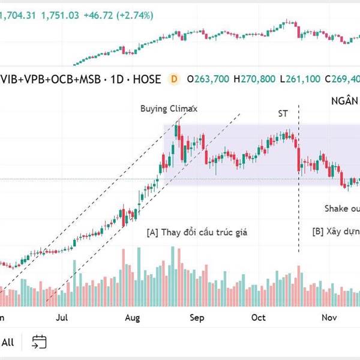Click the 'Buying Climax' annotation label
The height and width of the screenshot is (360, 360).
(x=169, y=109)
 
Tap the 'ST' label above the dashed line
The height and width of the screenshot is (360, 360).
(x=283, y=113)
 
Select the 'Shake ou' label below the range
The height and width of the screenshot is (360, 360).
(x=342, y=208)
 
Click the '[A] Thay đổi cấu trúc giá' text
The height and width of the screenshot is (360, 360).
(x=196, y=232)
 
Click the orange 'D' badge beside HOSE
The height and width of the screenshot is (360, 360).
(x=175, y=78)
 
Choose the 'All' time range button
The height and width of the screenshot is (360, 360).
(x=8, y=343)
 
